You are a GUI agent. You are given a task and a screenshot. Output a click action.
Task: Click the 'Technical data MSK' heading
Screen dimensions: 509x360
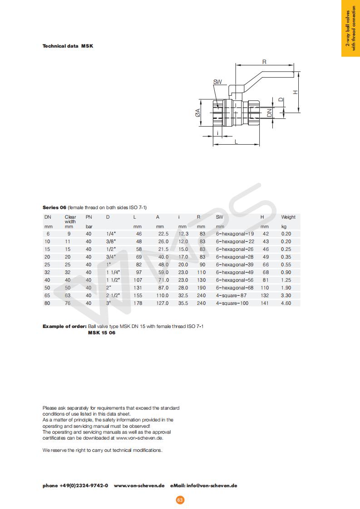click(68, 46)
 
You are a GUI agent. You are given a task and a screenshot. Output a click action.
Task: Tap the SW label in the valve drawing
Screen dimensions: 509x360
click(217, 82)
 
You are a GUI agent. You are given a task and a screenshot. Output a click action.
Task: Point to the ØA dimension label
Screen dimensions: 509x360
click(198, 113)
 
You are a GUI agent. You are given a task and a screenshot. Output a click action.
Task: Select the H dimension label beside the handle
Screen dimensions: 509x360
click(295, 92)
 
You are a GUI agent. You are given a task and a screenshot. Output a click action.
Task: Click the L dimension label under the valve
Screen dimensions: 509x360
click(237, 142)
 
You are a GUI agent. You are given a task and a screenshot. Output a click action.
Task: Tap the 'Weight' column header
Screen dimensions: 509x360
click(288, 217)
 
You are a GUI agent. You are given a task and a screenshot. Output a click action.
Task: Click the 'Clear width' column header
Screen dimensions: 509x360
click(70, 219)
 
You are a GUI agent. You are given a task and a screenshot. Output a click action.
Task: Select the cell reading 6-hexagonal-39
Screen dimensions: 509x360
click(235, 264)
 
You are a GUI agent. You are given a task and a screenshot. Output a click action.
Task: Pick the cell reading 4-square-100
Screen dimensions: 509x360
click(232, 303)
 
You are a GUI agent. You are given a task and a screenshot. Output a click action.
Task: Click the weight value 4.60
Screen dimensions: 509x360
click(286, 303)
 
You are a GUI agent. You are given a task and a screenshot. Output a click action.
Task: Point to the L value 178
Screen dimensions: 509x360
click(138, 303)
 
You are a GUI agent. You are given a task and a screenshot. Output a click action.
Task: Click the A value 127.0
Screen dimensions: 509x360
click(162, 303)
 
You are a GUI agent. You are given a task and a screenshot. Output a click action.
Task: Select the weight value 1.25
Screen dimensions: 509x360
click(286, 280)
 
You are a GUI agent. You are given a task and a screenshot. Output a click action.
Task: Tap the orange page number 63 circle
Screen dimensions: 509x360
click(180, 500)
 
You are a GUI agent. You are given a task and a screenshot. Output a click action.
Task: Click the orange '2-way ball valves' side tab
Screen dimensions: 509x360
click(350, 28)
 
